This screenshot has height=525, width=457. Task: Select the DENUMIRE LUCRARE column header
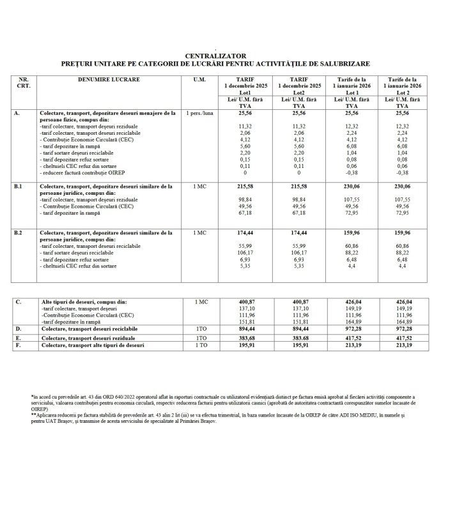click(x=109, y=79)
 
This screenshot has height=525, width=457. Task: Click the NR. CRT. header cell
click(x=24, y=82)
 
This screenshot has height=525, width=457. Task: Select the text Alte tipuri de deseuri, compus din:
click(x=83, y=300)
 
